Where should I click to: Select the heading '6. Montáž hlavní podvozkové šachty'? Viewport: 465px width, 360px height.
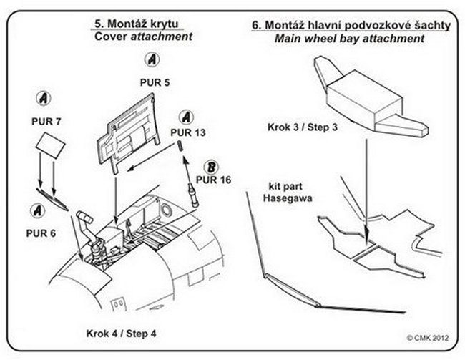tap(350, 25)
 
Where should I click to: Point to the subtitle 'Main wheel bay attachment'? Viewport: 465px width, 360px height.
tap(349, 38)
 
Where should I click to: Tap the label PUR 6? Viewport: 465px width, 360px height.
tap(41, 233)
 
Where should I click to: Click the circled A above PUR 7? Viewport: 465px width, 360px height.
tap(44, 97)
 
